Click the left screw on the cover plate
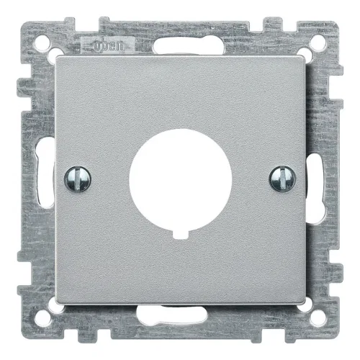78,179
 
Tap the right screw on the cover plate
282,179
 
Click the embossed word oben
109,46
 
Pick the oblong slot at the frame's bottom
171,312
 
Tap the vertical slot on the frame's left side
45,174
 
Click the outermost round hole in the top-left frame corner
42,43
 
